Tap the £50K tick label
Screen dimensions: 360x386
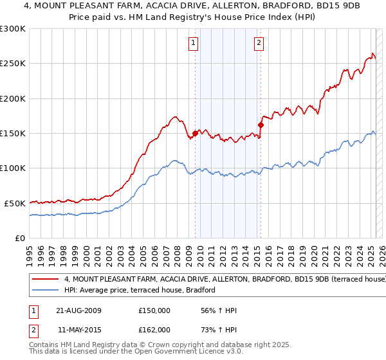click(15, 203)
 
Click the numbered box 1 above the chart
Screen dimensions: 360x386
click(194, 44)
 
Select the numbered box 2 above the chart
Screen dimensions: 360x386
click(259, 44)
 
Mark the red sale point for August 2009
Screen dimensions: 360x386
click(195, 134)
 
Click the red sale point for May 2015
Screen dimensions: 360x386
click(261, 125)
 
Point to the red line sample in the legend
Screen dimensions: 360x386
click(46, 280)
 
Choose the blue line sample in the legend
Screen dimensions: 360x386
click(46, 290)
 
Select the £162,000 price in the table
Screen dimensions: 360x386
click(154, 330)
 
